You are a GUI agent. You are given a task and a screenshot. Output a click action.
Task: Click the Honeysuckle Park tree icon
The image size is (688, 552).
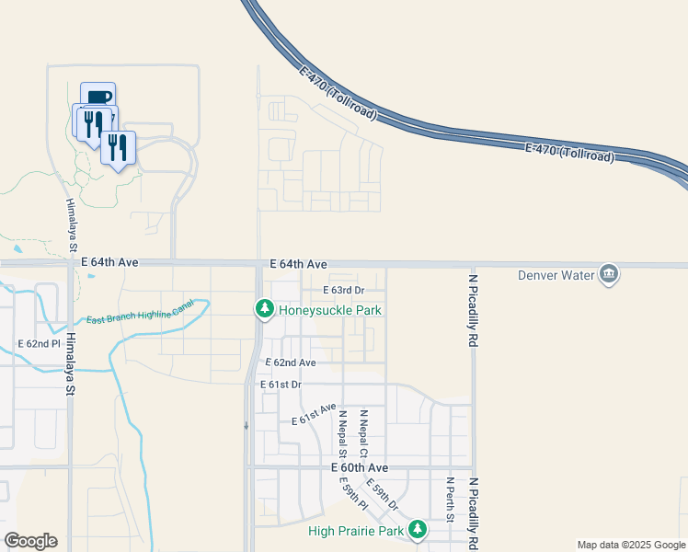click(264, 309)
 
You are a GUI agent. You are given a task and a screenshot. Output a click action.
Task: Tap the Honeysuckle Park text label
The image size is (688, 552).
click(330, 310)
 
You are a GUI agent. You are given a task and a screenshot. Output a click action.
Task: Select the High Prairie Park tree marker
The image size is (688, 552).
click(419, 529)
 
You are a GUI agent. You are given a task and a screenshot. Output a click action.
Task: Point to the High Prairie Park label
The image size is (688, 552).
click(357, 531)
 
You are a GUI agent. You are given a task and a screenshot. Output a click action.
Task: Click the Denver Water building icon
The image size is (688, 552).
click(608, 274)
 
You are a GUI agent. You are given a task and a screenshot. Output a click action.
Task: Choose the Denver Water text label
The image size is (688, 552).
click(556, 275)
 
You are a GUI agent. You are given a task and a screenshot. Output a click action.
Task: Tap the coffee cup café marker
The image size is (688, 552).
click(98, 98)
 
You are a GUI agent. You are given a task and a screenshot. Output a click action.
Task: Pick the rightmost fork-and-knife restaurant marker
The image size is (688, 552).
click(118, 147)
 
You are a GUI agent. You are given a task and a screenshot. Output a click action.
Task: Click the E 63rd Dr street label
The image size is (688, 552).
click(343, 291)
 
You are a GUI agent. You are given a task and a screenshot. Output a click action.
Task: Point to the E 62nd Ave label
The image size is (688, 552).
click(291, 363)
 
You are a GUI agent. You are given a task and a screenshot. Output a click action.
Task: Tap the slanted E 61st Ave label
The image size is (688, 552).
click(314, 415)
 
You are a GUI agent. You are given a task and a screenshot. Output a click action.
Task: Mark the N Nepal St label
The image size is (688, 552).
click(342, 433)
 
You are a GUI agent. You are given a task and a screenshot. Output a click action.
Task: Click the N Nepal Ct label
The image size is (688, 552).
click(364, 432)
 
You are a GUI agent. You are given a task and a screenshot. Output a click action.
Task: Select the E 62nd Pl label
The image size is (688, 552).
click(40, 344)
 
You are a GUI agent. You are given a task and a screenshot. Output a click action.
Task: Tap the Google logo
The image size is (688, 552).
click(30, 541)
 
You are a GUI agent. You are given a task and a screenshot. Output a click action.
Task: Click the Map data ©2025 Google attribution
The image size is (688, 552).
click(631, 545)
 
